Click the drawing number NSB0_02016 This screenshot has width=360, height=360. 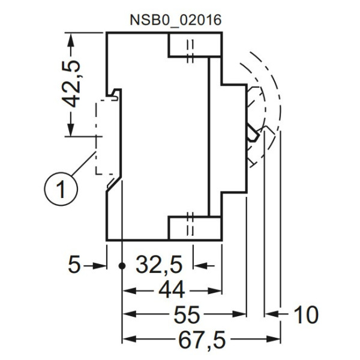pyautogui.click(x=176, y=19)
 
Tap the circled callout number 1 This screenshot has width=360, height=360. pyautogui.click(x=61, y=189)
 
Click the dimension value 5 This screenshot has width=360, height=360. pyautogui.click(x=73, y=265)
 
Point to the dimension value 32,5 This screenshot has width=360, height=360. pyautogui.click(x=158, y=265)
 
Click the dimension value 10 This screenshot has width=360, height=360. pyautogui.click(x=305, y=314)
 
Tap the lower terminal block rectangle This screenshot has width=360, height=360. pyautogui.click(x=194, y=228)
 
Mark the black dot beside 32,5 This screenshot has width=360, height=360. pyautogui.click(x=122, y=265)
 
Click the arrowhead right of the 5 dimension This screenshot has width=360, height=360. pyautogui.click(x=100, y=265)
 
